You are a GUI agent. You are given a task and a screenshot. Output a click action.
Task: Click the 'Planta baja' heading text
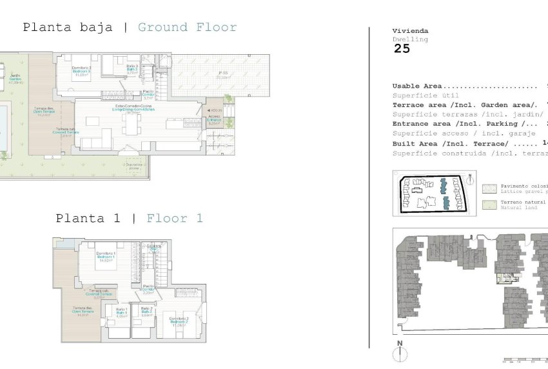click(x=68, y=27)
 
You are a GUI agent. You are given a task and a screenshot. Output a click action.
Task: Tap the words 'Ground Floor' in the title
click(x=187, y=27)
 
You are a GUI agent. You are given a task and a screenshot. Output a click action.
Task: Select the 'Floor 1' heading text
click(x=174, y=218)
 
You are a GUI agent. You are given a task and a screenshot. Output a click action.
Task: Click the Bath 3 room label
click(x=132, y=69)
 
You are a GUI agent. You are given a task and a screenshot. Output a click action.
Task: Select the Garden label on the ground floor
click(x=14, y=79)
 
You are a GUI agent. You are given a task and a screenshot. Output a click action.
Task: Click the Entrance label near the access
click(x=214, y=120)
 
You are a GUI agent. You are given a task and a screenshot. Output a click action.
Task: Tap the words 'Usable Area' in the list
click(x=416, y=86)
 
